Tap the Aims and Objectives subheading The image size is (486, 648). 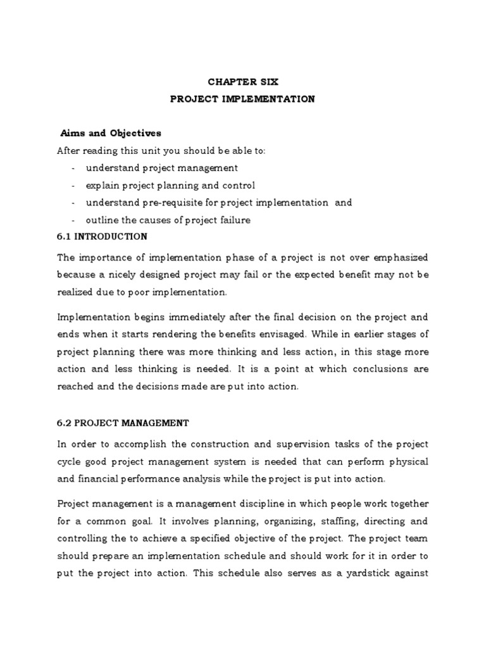111,133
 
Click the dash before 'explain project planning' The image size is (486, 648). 74,185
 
